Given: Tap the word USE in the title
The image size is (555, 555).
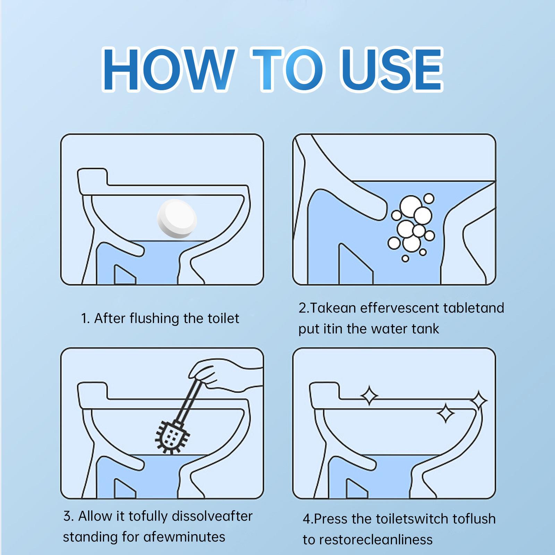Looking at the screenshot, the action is pos(392,69).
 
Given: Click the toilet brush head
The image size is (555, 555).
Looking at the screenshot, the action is pos(171,436).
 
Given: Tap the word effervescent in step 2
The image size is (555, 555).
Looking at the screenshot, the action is pos(399,308).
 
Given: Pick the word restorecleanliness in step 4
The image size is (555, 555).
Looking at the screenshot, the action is pos(376,540).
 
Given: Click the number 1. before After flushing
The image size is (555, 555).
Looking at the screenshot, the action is pos(85,318).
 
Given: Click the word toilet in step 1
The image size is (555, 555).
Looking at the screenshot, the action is pos(223,318).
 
